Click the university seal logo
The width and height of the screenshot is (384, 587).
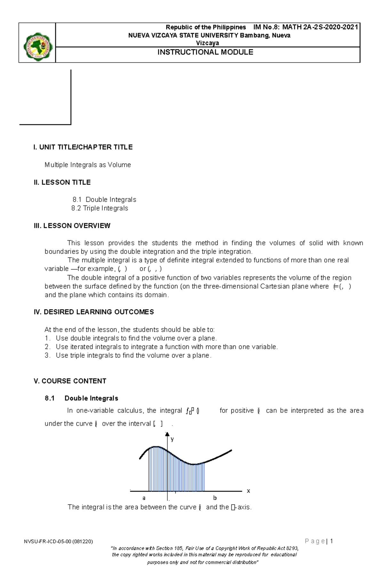(37, 47)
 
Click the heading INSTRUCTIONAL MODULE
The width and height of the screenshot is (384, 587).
(205, 52)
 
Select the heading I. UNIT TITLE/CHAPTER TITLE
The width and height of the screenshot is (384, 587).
(83, 147)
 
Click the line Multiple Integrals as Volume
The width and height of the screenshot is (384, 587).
(88, 165)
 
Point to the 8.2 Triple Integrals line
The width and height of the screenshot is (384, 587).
(100, 208)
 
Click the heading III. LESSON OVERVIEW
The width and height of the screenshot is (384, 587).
(72, 226)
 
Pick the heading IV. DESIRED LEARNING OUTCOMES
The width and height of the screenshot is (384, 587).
(94, 312)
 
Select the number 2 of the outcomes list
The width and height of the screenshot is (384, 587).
(47, 347)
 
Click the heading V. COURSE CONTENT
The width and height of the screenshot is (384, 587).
(70, 381)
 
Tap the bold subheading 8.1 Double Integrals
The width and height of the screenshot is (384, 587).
(82, 398)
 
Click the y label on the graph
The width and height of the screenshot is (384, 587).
(172, 439)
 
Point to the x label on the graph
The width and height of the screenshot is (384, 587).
(248, 491)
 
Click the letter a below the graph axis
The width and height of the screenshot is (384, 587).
(144, 498)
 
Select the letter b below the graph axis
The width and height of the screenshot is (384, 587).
(215, 498)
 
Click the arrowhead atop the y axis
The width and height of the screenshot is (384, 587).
(167, 434)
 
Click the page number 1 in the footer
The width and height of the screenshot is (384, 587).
(332, 541)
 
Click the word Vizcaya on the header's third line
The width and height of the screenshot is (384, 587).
(207, 43)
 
